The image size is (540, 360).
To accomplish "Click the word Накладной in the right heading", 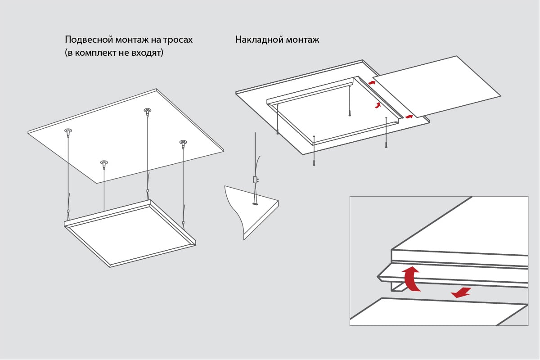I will click(257, 40).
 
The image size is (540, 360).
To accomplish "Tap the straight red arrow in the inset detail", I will click(461, 293).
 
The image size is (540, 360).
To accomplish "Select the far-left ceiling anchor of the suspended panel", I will click(68, 132).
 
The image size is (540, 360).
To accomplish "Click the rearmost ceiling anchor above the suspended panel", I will click(147, 111).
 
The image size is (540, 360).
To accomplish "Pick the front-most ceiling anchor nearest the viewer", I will click(104, 163).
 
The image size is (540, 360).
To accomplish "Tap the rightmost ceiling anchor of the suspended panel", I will click(183, 144).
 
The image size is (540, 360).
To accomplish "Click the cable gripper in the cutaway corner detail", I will click(255, 180).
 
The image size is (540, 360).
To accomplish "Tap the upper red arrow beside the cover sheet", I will click(372, 82).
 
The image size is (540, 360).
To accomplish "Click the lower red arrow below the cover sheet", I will click(409, 117).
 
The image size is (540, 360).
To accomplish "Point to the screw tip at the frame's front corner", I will click(314, 163).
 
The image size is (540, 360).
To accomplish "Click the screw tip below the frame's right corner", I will click(386, 146).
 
